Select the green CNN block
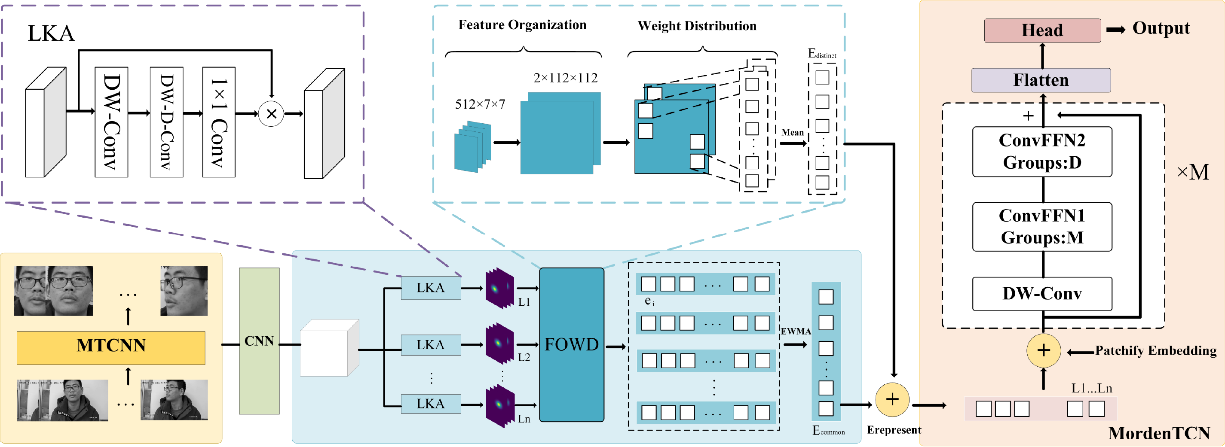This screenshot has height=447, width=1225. (x=259, y=341)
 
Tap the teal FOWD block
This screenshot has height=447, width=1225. (x=572, y=344)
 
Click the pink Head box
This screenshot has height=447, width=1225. (x=1042, y=30)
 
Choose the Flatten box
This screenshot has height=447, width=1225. (x=1041, y=80)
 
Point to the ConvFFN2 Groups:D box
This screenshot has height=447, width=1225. (x=1042, y=152)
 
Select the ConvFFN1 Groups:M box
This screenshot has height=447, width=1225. (x=1042, y=227)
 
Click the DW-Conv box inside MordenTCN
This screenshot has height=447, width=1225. (x=1042, y=294)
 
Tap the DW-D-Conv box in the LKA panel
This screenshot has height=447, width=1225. (x=166, y=122)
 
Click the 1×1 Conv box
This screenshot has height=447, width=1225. (x=219, y=122)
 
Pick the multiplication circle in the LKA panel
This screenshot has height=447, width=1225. (x=271, y=113)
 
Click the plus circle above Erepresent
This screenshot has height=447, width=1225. (x=893, y=399)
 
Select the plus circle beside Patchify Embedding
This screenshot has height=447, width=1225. (x=1043, y=350)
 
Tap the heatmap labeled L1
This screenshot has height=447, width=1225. (x=499, y=289)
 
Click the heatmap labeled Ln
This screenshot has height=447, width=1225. (x=500, y=407)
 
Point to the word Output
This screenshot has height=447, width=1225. (x=1161, y=28)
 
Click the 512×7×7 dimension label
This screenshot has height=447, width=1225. (x=480, y=104)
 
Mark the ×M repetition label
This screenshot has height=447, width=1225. (x=1193, y=172)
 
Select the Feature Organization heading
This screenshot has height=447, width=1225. (x=522, y=25)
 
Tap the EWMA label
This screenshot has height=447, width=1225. (x=796, y=331)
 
